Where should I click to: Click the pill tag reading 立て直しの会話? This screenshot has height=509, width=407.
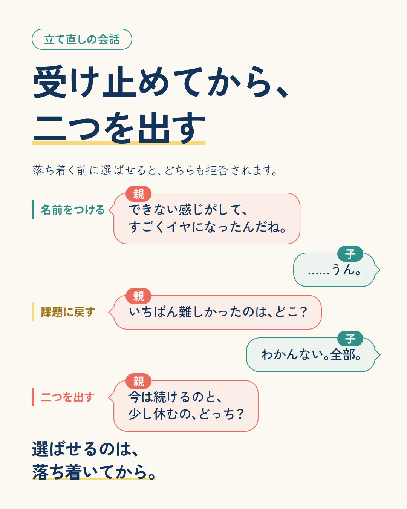point(82,39)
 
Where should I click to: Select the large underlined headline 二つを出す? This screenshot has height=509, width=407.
point(119,128)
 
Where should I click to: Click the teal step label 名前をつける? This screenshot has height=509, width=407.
point(73,210)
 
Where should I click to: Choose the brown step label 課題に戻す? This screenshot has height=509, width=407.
point(68,312)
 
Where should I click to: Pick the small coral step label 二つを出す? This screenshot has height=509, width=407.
point(67,397)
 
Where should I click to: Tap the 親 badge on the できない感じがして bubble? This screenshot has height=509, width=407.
point(138,194)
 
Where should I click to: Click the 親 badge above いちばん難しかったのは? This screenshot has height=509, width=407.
point(138,296)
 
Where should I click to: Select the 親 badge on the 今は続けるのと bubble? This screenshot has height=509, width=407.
point(138,381)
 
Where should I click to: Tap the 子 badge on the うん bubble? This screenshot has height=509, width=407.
point(350,254)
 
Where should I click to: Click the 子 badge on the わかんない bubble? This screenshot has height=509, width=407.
point(350,339)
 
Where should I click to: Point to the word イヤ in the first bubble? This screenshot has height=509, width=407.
point(179,227)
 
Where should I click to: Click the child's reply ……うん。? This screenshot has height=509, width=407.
point(334,270)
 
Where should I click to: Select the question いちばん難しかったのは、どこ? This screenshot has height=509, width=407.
point(218,312)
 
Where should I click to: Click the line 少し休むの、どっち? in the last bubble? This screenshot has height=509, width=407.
point(186,414)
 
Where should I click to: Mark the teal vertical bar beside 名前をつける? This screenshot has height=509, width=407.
point(33,210)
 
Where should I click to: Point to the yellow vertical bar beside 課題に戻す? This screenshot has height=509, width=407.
point(33,312)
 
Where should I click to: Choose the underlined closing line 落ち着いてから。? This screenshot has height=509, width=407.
point(94,472)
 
